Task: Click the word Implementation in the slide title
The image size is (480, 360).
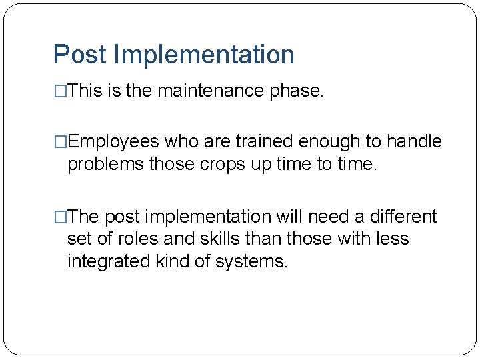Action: pos(204,55)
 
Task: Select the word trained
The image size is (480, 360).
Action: pos(263,142)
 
